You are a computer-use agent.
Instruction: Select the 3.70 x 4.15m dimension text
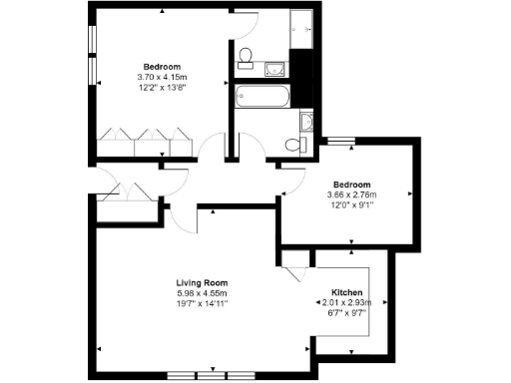(162, 78)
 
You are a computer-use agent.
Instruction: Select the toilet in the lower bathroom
(298, 144)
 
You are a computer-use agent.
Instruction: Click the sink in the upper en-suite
(274, 68)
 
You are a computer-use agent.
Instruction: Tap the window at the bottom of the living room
(211, 374)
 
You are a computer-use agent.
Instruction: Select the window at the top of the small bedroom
(342, 141)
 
